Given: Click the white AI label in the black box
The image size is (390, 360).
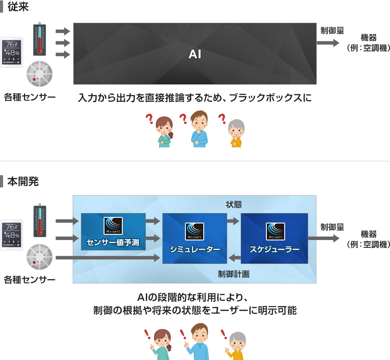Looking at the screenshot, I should (195, 54).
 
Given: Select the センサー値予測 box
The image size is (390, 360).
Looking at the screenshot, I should (113, 232).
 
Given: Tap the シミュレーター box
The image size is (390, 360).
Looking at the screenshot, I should (195, 238).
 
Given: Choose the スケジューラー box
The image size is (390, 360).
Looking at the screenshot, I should (274, 238).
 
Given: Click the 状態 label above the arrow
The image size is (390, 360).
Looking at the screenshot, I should (234, 204).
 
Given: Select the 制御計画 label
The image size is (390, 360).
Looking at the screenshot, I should (234, 274).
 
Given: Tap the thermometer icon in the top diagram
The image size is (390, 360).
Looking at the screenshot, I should (40, 39).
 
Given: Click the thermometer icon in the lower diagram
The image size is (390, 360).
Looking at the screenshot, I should (40, 220).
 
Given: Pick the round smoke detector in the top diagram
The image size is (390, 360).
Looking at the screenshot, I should (39, 73).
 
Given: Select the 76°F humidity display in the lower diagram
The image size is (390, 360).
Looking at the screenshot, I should (12, 235).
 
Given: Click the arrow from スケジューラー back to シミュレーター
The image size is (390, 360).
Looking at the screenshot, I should (235, 258).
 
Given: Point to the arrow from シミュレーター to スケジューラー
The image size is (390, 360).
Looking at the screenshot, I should (234, 221).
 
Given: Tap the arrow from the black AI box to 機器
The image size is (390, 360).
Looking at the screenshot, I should (328, 43).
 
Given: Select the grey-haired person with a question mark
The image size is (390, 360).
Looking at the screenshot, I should (236, 133).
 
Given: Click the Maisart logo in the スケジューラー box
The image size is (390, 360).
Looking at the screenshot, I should (276, 231).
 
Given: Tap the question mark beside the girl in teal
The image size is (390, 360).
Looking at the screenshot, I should (149, 119).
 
